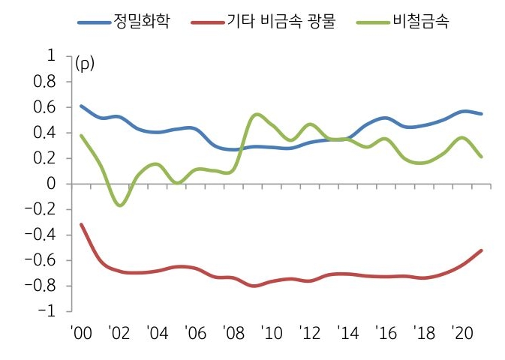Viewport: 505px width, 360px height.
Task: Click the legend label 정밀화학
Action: (142, 21)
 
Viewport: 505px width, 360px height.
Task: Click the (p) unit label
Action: (86, 63)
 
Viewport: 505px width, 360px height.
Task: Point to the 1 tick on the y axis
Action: (51, 56)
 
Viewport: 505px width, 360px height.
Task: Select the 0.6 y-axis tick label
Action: (44, 107)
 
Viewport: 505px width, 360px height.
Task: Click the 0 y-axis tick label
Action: (51, 184)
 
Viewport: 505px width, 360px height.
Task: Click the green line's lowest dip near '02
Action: (120, 205)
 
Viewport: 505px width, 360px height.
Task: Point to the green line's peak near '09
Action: (257, 114)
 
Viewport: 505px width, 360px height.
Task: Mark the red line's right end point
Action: (481, 250)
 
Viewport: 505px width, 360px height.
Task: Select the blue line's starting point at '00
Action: (81, 106)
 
